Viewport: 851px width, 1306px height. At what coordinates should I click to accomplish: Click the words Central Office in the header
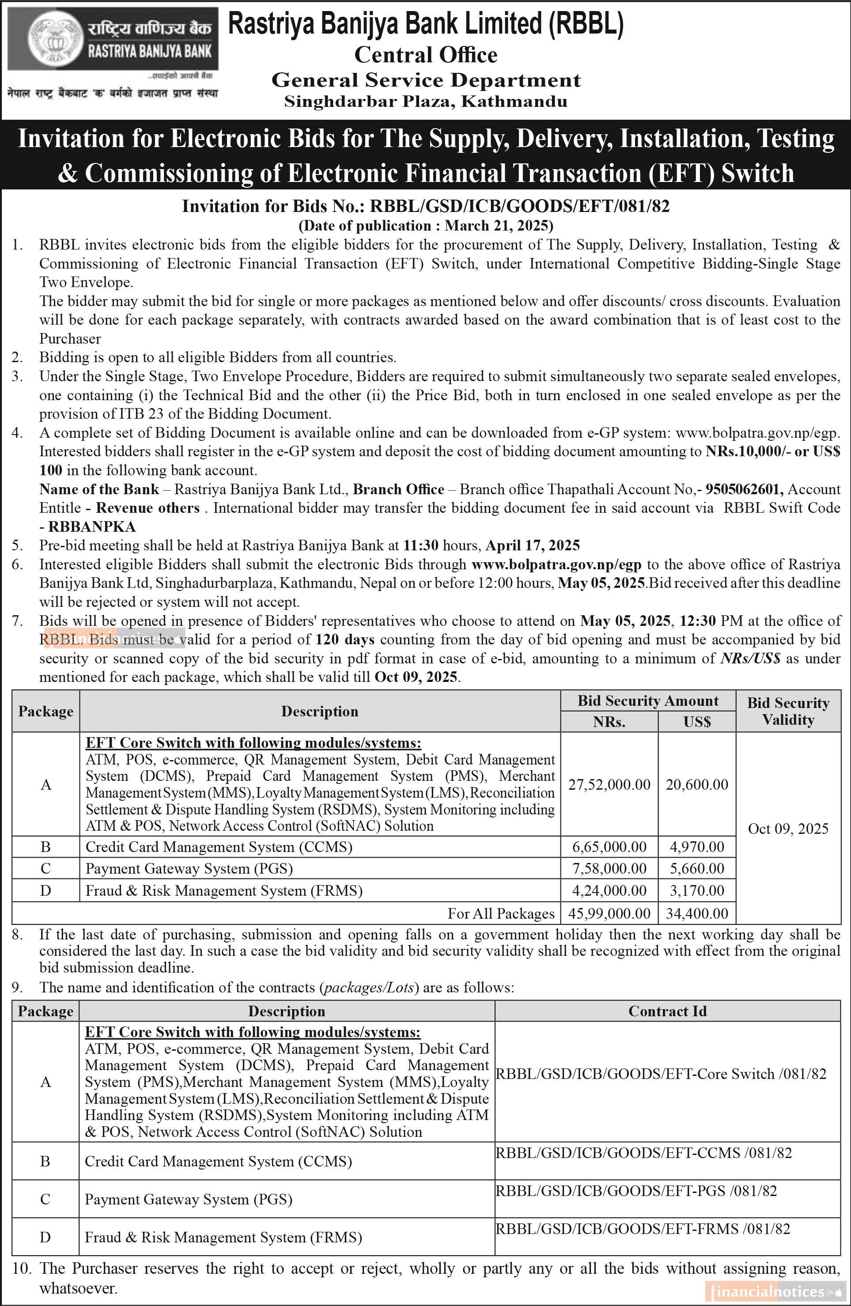point(426,55)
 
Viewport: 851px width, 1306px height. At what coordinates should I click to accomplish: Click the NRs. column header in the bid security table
point(609,722)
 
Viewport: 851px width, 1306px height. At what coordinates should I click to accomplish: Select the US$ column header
point(697,722)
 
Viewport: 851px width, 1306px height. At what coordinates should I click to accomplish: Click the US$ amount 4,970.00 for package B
point(697,847)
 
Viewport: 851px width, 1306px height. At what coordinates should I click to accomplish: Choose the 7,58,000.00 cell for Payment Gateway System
point(609,869)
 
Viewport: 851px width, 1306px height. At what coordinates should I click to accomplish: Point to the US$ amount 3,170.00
point(697,890)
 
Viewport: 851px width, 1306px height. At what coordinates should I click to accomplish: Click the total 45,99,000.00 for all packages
point(609,913)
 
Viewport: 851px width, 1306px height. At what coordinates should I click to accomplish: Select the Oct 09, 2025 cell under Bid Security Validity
point(788,829)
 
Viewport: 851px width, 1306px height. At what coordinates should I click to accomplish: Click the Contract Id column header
point(667,1011)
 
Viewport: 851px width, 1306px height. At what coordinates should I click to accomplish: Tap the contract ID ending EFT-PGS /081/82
point(636,1191)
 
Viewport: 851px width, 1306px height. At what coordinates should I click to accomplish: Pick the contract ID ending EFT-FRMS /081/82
point(643,1229)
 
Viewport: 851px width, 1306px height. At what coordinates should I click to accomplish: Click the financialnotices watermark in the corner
point(774,1292)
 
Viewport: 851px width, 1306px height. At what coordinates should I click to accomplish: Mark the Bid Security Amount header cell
point(647,701)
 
